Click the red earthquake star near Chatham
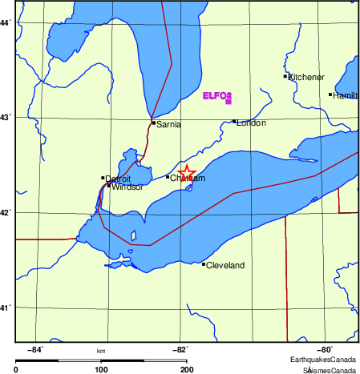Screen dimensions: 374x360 point(186,174)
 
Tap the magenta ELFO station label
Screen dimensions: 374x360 point(217,95)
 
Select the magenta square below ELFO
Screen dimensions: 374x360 point(229,102)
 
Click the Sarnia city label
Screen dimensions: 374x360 point(169,125)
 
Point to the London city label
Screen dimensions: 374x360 point(251,123)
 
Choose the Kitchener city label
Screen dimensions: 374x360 point(305,77)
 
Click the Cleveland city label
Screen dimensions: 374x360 point(225,265)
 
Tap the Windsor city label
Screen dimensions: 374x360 point(127,187)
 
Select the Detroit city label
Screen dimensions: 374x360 point(118,179)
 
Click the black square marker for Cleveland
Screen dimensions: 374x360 point(204,264)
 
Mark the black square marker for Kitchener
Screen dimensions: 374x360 point(285,76)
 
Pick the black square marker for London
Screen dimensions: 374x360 point(234,122)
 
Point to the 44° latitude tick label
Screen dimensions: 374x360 point(5,22)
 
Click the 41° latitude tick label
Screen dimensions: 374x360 point(5,308)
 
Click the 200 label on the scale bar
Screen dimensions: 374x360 point(186,370)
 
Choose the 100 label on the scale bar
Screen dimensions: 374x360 point(101,370)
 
